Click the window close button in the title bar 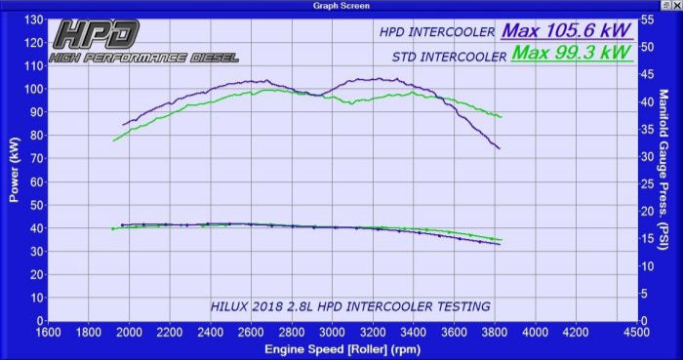pos(674,6)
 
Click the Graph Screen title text pos(341,6)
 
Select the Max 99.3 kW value pos(572,53)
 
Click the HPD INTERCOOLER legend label pos(438,32)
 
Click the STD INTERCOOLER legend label pos(449,57)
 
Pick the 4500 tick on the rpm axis pos(636,332)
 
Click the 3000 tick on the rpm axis pos(332,332)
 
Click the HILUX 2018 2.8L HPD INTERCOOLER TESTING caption pos(350,306)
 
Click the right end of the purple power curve pos(500,148)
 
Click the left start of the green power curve pos(113,140)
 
